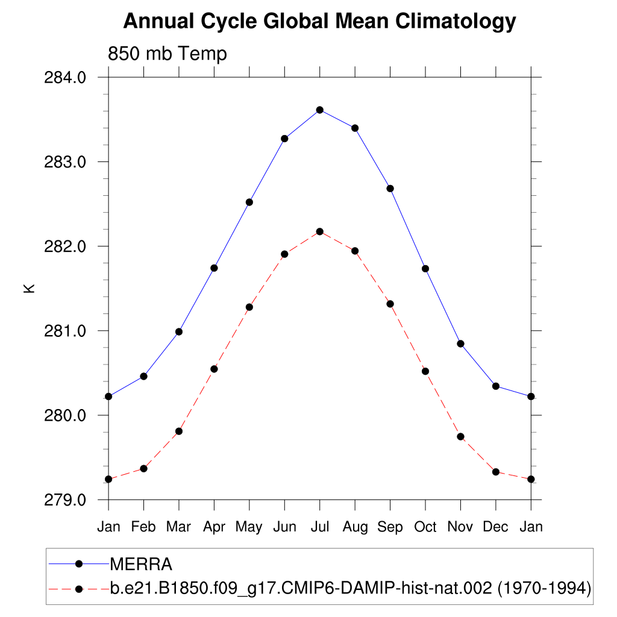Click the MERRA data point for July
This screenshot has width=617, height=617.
[x=320, y=110]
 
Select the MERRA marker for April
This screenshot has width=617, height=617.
[x=214, y=268]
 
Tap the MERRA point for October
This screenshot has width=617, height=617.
[x=425, y=268]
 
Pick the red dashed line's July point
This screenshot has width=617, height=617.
[x=320, y=231]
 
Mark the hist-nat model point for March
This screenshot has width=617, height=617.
[x=179, y=431]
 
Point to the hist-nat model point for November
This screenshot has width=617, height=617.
[x=460, y=436]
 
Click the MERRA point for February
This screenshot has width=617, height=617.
[x=143, y=376]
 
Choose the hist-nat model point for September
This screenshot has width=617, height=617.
[x=390, y=304]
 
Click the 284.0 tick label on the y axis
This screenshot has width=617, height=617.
[x=66, y=78]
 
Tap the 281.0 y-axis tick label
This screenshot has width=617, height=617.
[x=66, y=331]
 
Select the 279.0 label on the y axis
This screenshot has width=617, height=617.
[x=66, y=500]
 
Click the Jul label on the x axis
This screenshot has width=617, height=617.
[x=320, y=527]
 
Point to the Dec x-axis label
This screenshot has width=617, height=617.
[x=496, y=527]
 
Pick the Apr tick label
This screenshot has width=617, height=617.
[x=214, y=527]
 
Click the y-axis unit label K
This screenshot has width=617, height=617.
[x=29, y=288]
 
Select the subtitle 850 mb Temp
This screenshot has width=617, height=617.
[x=167, y=54]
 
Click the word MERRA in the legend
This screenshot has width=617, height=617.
[x=141, y=564]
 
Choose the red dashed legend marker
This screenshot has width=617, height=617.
[x=78, y=588]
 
